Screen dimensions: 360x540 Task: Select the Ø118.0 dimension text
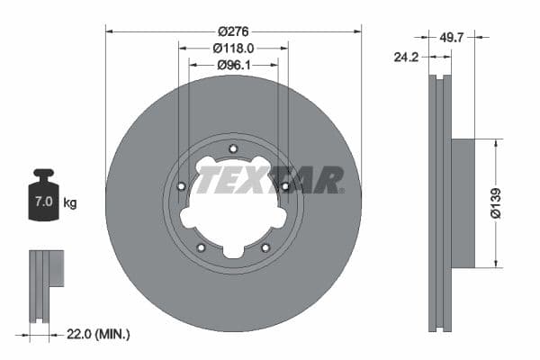click(x=233, y=49)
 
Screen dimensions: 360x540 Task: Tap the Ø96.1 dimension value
click(x=233, y=65)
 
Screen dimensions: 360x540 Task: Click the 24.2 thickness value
click(x=409, y=57)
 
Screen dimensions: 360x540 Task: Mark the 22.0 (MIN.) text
click(x=99, y=334)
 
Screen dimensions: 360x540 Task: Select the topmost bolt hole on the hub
click(x=233, y=149)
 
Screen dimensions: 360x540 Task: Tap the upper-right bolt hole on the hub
click(x=285, y=186)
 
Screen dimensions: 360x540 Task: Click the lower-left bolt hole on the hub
click(x=201, y=248)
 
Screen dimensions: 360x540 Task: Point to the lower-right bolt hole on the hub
click(x=265, y=248)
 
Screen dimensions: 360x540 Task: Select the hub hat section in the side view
click(x=462, y=202)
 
